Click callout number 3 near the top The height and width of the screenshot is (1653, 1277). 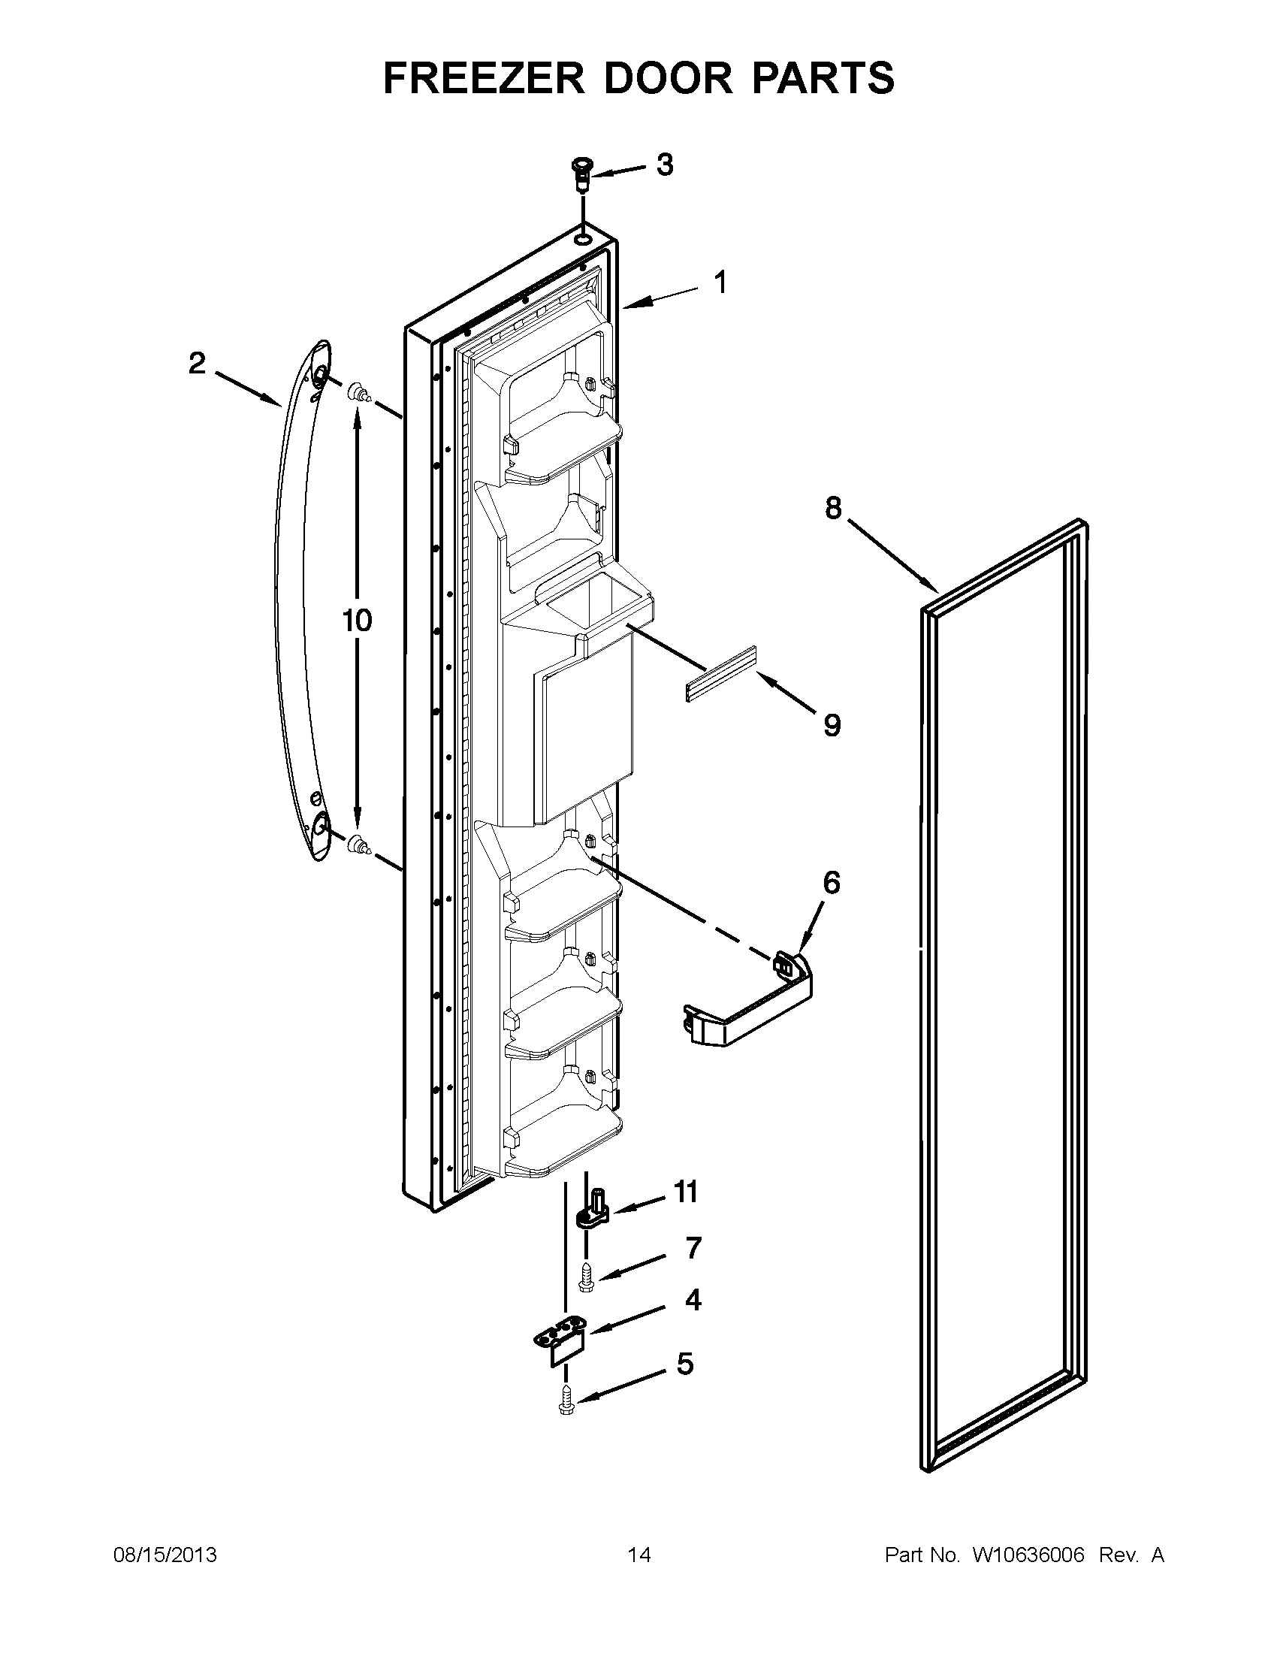(x=664, y=165)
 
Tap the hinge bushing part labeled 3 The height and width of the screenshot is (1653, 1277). (x=581, y=176)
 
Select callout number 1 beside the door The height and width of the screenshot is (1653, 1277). (x=720, y=283)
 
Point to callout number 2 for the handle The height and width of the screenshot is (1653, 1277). (x=197, y=364)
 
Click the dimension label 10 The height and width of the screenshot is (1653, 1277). (x=357, y=621)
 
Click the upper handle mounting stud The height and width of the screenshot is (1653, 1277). (x=358, y=394)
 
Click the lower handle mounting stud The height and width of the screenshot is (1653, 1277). (x=358, y=845)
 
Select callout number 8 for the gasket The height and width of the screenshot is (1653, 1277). (x=833, y=509)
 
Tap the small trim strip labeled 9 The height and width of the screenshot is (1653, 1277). (x=721, y=674)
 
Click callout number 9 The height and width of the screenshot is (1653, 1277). (x=832, y=726)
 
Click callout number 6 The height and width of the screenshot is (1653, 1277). (x=831, y=883)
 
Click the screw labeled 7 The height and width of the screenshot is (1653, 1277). (x=587, y=1279)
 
